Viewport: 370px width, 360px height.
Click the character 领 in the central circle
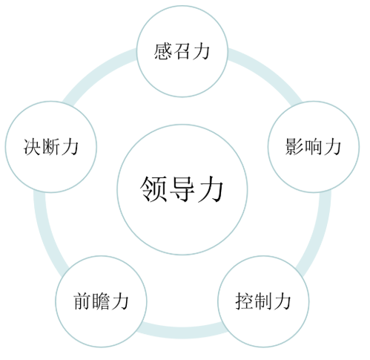[x=153, y=189]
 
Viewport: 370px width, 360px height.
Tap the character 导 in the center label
[x=182, y=189]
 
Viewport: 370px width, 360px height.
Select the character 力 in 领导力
[x=211, y=189]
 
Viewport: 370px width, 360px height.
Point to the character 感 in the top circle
[x=163, y=51]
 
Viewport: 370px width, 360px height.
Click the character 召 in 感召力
[x=182, y=51]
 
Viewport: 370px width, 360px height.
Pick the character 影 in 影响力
[x=294, y=146]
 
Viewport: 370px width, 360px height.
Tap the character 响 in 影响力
[x=314, y=146]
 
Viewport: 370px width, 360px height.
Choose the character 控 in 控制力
[x=244, y=301]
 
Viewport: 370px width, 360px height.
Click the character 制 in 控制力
[x=263, y=301]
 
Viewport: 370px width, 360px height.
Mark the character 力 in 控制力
[x=282, y=301]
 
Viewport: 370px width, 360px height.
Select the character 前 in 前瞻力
[x=82, y=301]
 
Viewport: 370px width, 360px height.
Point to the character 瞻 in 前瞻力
[x=102, y=301]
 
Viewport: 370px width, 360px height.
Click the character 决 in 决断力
[x=32, y=146]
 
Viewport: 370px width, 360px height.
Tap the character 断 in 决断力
[x=51, y=146]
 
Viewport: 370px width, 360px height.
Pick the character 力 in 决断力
[x=70, y=146]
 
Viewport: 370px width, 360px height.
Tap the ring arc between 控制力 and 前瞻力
[x=182, y=333]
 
